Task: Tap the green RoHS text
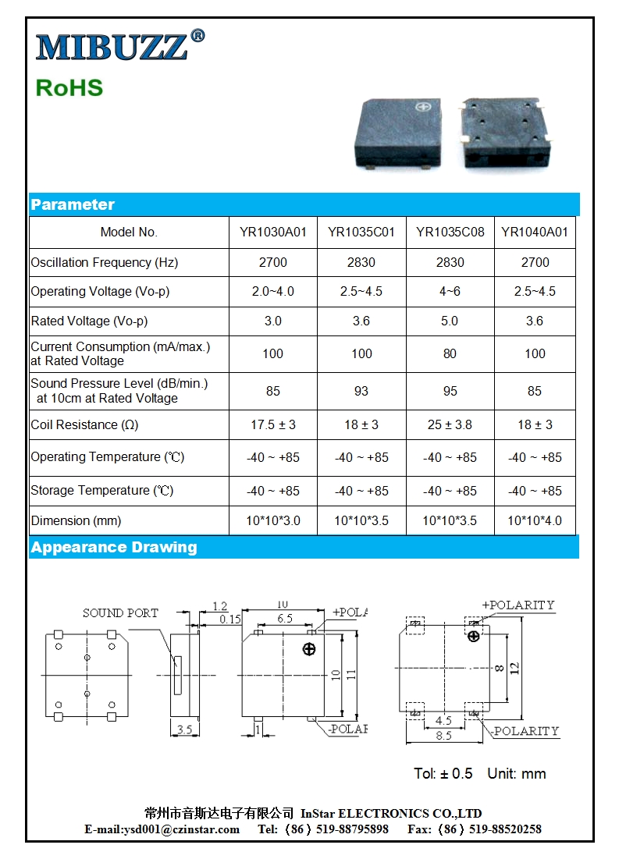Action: [69, 87]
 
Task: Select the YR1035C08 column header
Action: [450, 232]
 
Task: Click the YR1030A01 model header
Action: [273, 232]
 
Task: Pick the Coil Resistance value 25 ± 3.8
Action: [450, 425]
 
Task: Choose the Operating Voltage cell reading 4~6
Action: [450, 292]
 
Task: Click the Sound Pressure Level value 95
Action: [450, 391]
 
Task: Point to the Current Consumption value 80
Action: [450, 354]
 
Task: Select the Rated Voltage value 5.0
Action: [450, 321]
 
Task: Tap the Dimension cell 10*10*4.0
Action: [535, 521]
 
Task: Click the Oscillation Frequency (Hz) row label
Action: [105, 263]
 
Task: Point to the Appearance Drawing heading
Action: [114, 548]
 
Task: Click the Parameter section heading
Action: [73, 205]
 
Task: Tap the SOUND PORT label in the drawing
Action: [120, 613]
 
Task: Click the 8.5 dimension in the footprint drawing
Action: [443, 736]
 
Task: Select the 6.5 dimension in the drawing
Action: [285, 619]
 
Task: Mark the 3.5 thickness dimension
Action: [184, 730]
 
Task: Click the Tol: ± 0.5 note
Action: [443, 774]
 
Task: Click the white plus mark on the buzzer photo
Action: [425, 107]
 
